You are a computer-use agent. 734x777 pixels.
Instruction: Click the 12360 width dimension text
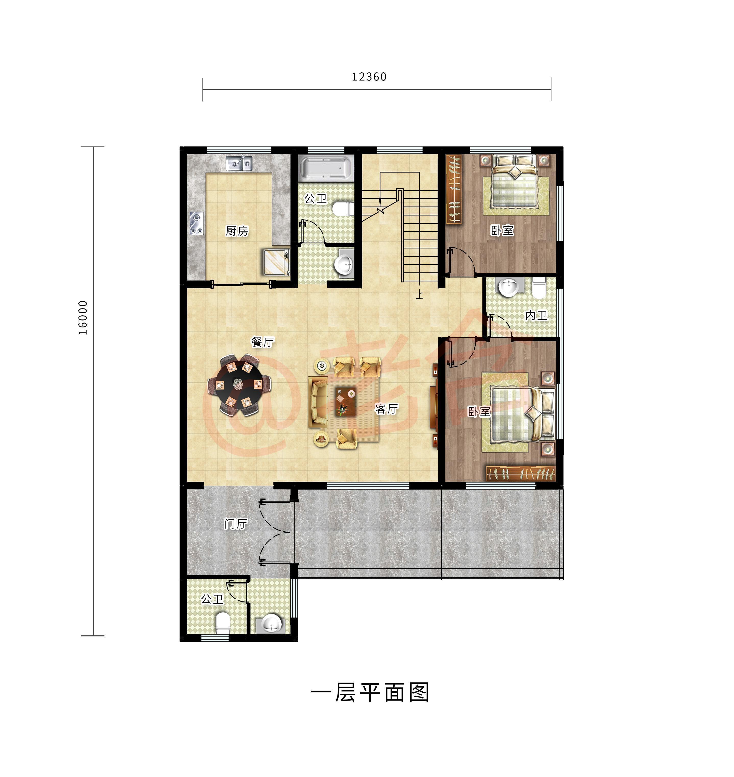click(369, 77)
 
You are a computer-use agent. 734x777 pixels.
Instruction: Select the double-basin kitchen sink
click(239, 163)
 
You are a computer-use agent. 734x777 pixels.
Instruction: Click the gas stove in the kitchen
click(196, 223)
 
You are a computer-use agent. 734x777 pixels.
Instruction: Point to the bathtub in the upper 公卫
click(325, 168)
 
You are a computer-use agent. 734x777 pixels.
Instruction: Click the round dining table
click(239, 385)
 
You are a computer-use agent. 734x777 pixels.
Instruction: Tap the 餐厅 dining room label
click(262, 342)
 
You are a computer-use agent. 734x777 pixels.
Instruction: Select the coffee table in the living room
click(345, 401)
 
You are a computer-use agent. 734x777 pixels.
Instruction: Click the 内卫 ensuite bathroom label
click(536, 315)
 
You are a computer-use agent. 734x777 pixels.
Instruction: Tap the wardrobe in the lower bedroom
click(520, 473)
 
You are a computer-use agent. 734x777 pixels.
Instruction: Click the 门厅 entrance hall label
click(236, 524)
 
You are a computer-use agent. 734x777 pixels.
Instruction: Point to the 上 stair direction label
click(420, 294)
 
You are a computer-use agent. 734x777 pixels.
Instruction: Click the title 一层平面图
click(370, 692)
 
